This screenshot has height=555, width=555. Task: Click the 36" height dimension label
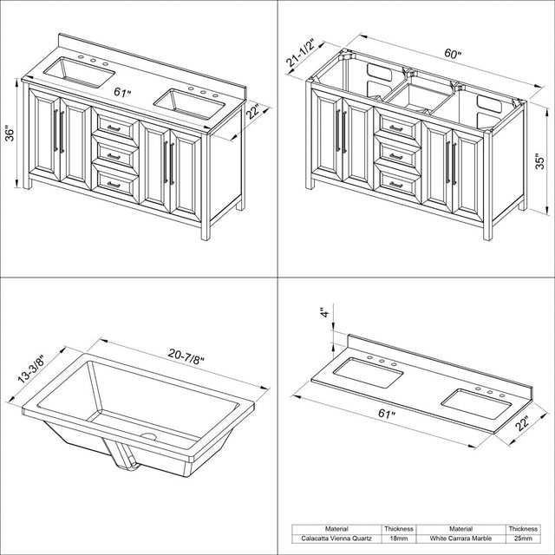click(10, 134)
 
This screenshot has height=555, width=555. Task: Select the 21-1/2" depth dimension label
click(301, 52)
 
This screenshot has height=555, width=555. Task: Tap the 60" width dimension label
click(454, 54)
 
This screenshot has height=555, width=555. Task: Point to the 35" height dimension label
click(539, 161)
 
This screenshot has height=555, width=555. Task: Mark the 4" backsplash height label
click(325, 312)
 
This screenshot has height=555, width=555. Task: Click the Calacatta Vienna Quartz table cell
click(336, 539)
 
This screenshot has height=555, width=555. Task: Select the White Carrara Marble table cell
click(460, 539)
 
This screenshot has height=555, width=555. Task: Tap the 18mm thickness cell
click(399, 539)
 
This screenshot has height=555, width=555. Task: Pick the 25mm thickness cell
click(523, 539)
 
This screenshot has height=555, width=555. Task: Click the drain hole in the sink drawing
click(148, 436)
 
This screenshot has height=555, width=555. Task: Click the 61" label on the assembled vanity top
click(123, 93)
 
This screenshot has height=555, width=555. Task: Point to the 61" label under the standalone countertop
click(387, 414)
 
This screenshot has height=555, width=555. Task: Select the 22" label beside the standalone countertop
click(522, 424)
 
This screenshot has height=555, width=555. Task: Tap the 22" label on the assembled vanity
click(253, 112)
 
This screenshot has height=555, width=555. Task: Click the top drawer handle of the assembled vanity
click(114, 128)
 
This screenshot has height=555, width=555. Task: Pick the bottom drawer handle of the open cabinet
click(396, 185)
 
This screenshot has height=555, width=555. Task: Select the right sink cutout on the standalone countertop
click(477, 404)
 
